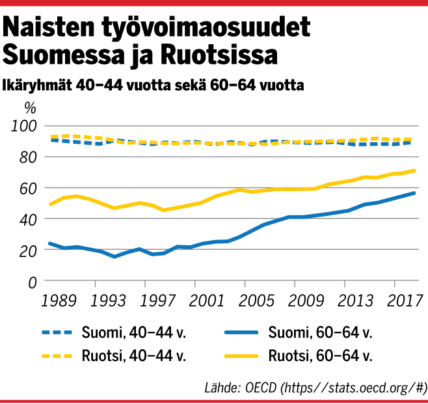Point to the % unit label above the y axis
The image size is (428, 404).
(30, 107)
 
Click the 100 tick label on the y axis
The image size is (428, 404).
(24, 126)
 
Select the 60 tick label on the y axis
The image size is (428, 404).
(27, 188)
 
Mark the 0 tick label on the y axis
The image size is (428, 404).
(31, 282)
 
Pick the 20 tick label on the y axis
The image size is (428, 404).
(27, 250)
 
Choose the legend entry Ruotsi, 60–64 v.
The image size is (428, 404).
(319, 356)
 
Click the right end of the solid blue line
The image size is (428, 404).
(414, 193)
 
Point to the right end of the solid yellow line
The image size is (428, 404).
(414, 170)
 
